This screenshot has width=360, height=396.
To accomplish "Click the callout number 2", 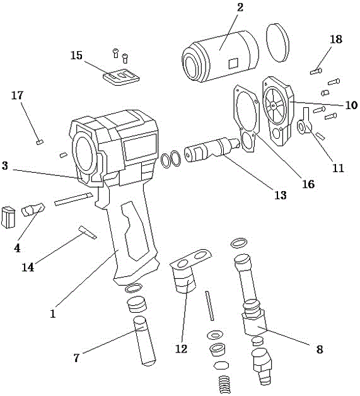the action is click(x=240, y=8).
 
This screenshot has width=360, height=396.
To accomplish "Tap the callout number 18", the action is click(x=336, y=39).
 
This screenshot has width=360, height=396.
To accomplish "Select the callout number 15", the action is click(x=76, y=55).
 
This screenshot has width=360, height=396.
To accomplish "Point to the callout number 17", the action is click(x=18, y=95).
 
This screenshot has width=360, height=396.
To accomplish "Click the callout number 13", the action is click(x=280, y=195).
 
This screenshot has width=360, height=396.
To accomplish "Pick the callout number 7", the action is click(x=76, y=358).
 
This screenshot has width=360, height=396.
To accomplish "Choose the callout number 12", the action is click(x=182, y=349).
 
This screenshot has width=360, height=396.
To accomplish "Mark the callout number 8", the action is click(x=320, y=350).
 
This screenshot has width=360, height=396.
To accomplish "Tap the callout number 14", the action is click(x=28, y=267).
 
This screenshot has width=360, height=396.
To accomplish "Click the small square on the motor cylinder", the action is click(x=233, y=64).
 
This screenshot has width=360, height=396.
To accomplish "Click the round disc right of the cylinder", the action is click(x=277, y=43).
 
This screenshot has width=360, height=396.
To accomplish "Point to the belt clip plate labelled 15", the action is click(x=121, y=77).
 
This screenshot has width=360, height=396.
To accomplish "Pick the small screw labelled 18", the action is click(x=316, y=71).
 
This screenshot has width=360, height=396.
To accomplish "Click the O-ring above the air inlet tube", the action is click(x=239, y=243).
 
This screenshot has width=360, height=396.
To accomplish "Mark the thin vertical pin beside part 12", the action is click(x=210, y=306).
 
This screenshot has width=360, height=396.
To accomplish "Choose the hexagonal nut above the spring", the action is click(x=221, y=365).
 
